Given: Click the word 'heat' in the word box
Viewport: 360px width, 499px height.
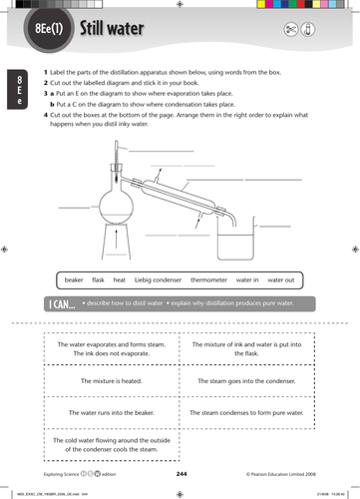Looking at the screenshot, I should coord(120,280).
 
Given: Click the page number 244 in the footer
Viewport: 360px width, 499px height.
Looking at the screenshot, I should coord(181,474).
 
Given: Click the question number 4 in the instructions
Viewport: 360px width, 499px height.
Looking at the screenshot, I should coord(46,116).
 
